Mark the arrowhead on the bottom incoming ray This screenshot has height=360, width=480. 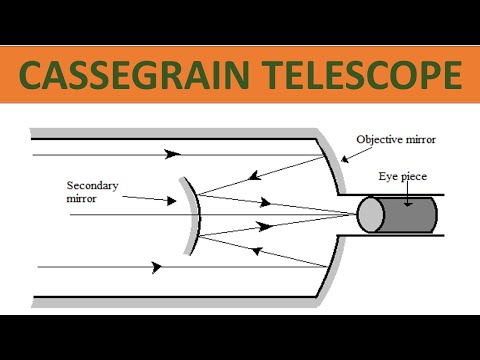(156, 267)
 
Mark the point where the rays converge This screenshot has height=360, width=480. (354, 214)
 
